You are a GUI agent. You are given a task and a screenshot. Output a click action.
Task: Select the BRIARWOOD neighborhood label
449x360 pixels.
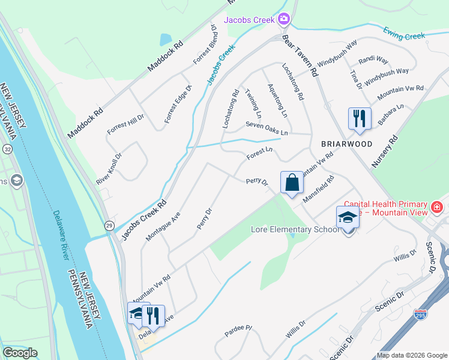click(346, 144)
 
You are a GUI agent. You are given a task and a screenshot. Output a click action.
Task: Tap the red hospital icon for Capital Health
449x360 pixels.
click(436, 208)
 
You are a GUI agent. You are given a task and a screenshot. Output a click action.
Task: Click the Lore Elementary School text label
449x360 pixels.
click(295, 230)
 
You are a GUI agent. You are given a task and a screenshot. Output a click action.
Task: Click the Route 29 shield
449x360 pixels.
click(109, 225)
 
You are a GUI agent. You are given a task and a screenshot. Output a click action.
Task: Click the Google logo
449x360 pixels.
click(20, 353)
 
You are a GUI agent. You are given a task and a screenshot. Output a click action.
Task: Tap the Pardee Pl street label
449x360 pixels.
click(239, 331)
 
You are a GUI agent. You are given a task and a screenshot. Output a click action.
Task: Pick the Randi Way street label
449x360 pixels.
click(373, 61)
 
